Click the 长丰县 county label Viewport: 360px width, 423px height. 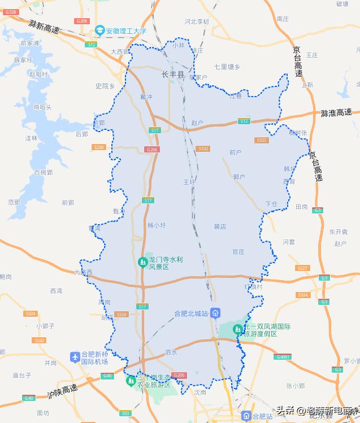tap(173, 74)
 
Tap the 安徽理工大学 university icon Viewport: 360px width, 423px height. tap(99, 31)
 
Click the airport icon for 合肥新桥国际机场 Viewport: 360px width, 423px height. tap(75, 357)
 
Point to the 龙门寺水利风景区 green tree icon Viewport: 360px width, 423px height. tap(143, 262)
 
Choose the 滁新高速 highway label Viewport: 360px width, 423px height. tap(44, 26)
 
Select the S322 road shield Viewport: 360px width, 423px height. tap(262, 140)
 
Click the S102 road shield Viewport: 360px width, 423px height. tap(203, 149)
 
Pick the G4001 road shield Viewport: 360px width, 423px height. tap(283, 356)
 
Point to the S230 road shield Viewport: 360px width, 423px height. tap(99, 147)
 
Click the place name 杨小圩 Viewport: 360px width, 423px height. tap(157, 225)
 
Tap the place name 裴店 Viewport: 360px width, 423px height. tap(219, 226)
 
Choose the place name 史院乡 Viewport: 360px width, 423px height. tap(105, 86)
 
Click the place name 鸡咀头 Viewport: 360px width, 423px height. tap(42, 106)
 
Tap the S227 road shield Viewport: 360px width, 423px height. tap(303, 268)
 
